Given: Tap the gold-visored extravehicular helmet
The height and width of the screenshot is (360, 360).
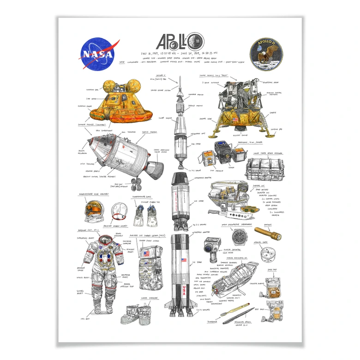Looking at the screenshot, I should click(92, 211).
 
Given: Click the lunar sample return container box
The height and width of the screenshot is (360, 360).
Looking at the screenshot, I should click(264, 168).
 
